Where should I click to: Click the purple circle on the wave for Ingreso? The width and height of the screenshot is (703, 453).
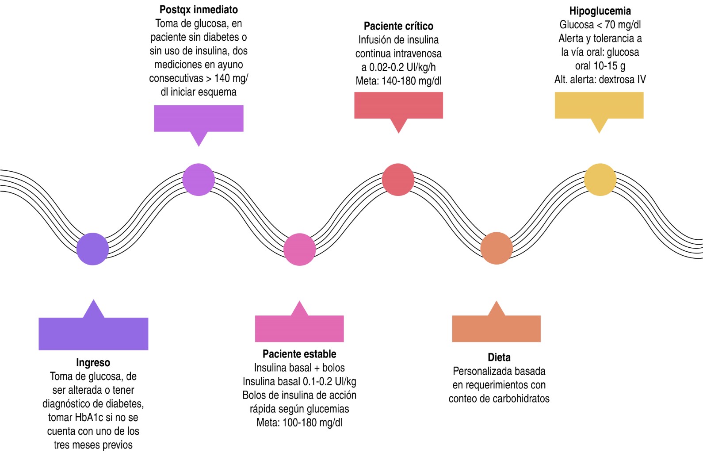coord(92,249)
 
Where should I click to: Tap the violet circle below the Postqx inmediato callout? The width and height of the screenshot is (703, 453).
coord(199,180)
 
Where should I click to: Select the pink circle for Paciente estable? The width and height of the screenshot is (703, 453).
coord(299,249)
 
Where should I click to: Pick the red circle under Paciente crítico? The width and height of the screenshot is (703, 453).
coord(398,180)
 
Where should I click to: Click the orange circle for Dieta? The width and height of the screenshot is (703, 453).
coord(497,248)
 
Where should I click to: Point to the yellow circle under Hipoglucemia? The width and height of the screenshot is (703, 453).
coord(600,180)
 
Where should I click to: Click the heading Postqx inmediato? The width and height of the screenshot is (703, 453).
coord(199,10)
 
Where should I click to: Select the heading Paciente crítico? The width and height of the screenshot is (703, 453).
coord(398,26)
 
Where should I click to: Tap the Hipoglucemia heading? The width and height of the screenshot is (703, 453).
coord(600,11)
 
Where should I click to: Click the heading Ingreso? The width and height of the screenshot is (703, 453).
coord(93,363)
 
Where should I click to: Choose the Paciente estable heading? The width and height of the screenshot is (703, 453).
coord(299,354)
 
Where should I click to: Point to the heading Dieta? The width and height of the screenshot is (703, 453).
coord(499,357)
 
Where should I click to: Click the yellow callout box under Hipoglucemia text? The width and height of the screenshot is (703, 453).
coord(599,105)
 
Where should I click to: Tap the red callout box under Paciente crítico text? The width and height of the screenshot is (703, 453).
coord(398,105)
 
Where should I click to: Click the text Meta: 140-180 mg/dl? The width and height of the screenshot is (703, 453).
coord(398,81)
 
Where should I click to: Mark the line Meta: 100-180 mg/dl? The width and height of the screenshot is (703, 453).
coord(299,422)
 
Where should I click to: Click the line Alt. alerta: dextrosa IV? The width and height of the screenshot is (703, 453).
coord(600,80)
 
